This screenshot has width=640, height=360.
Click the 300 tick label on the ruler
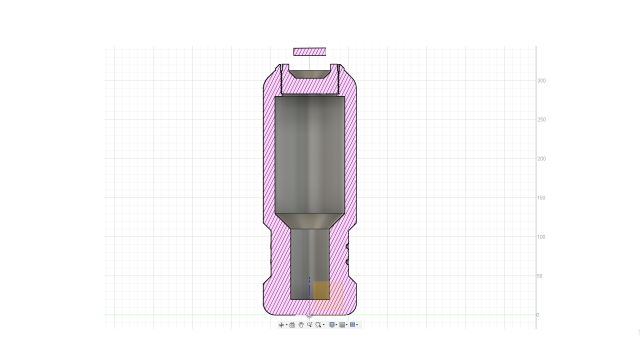coord(541,81)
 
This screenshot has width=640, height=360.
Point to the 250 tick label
coord(541,120)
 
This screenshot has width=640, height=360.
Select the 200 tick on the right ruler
coord(541,159)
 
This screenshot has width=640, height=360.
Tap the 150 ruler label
coord(541,198)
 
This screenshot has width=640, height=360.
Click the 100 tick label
coord(541,237)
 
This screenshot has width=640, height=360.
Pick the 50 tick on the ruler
coord(540,276)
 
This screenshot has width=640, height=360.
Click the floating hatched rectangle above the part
coord(309,51)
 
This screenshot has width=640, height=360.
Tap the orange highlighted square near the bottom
coord(323,291)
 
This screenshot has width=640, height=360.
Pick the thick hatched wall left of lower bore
coord(279,260)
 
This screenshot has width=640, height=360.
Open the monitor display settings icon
coord(332,325)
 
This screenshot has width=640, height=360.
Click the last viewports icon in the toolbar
coord(353,325)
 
